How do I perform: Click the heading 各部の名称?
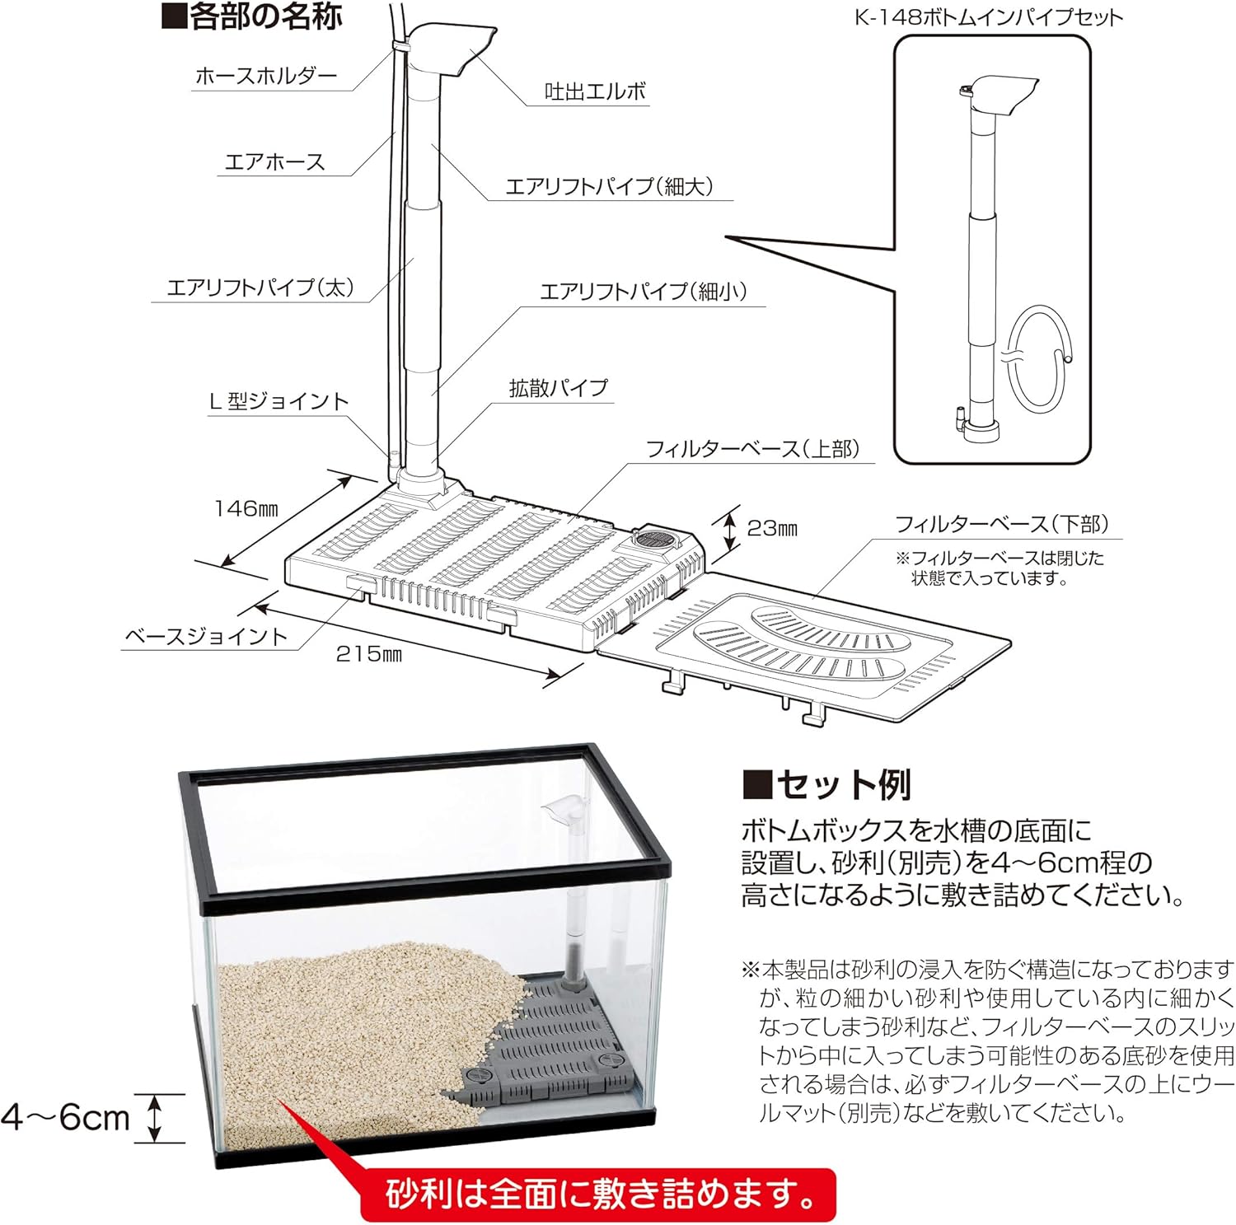tap(251, 16)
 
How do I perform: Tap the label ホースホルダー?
tap(265, 77)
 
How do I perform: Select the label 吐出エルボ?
tap(595, 91)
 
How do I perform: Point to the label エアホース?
tap(274, 161)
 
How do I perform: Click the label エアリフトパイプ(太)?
tap(260, 288)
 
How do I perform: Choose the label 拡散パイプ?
tap(558, 387)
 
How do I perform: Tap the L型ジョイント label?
tap(279, 401)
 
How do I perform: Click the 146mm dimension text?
tap(246, 508)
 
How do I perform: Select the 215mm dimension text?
tap(368, 654)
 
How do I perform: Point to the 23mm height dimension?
tap(771, 528)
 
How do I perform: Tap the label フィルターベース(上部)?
tap(752, 449)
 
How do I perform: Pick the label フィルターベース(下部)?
tap(1001, 524)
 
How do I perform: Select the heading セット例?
tap(826, 784)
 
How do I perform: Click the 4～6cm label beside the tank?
tap(66, 1118)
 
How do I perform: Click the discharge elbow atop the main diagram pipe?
tap(452, 49)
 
